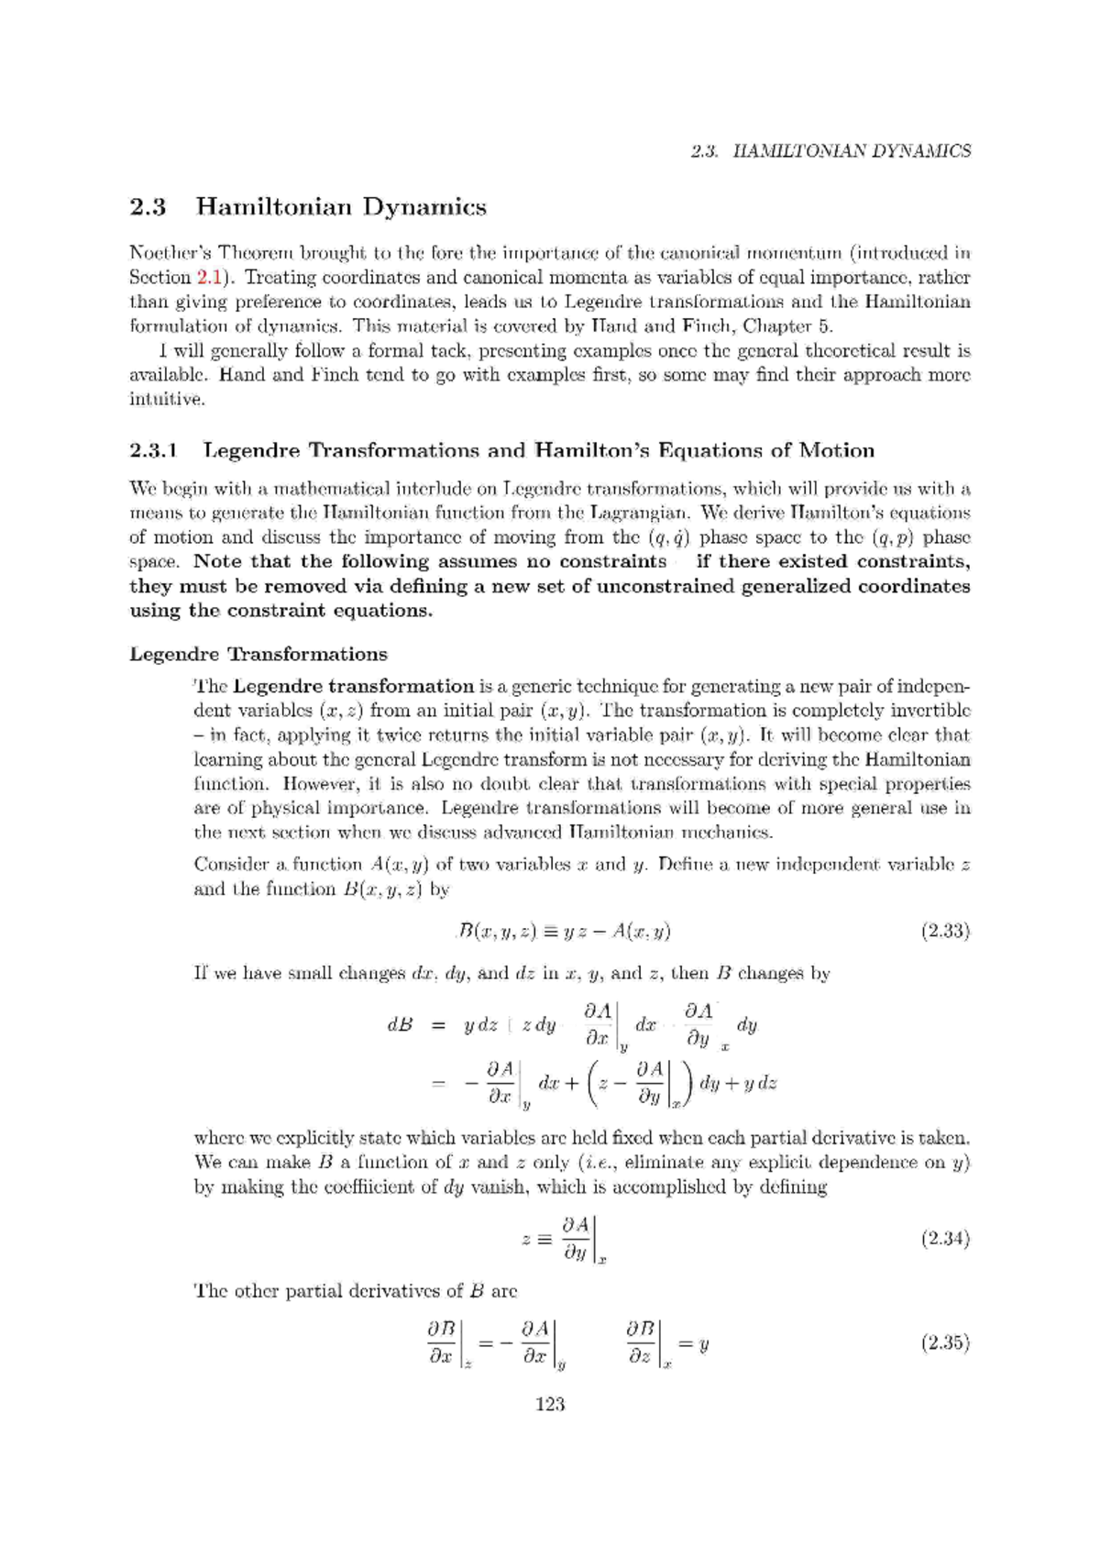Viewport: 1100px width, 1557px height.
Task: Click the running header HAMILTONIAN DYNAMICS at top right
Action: tap(852, 151)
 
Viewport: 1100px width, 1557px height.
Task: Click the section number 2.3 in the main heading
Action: tap(148, 207)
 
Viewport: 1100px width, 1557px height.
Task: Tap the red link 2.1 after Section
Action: tap(207, 277)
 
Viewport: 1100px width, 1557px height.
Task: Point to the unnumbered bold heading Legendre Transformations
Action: tap(258, 654)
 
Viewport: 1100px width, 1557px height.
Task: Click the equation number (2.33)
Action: tap(945, 932)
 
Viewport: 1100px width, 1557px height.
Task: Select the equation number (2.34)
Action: tap(945, 1239)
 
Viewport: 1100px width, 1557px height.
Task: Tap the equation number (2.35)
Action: tap(945, 1343)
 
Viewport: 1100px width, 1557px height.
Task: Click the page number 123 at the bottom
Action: tap(549, 1404)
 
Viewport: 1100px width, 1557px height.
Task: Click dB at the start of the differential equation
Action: tap(400, 1025)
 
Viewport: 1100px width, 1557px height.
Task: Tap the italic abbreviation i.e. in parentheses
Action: tap(602, 1163)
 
